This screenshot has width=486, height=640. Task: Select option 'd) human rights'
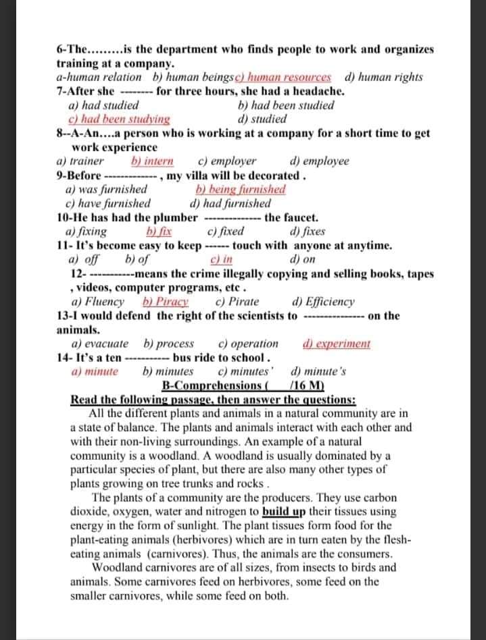click(x=384, y=78)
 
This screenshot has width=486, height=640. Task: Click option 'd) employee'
click(x=319, y=161)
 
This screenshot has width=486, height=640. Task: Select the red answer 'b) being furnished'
click(x=240, y=190)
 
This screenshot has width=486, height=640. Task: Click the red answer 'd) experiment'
click(x=337, y=344)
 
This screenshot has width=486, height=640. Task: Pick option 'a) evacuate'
click(x=101, y=344)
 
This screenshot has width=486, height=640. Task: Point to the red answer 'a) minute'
click(x=95, y=371)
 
